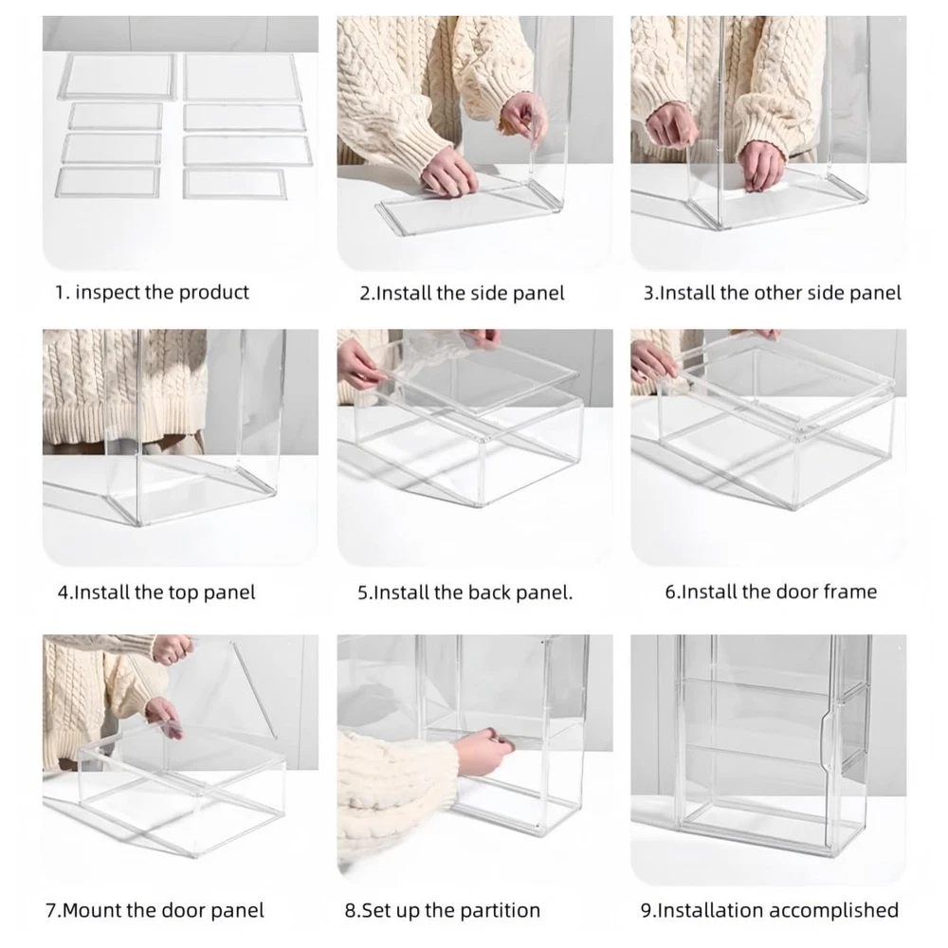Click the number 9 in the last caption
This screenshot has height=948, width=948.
[x=646, y=910]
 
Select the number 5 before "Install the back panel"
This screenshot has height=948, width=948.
[x=363, y=592]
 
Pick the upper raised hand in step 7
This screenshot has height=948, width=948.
[x=173, y=648]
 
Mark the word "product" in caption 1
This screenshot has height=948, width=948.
[x=214, y=293]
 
